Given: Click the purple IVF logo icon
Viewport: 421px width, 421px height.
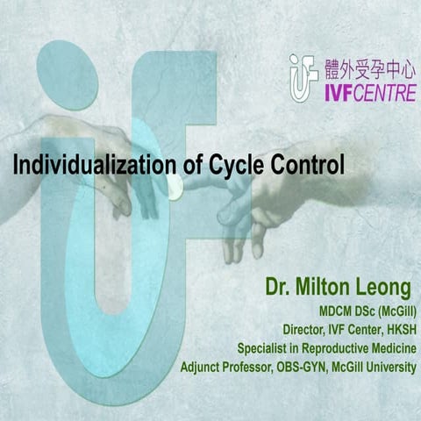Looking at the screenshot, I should [303, 77].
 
